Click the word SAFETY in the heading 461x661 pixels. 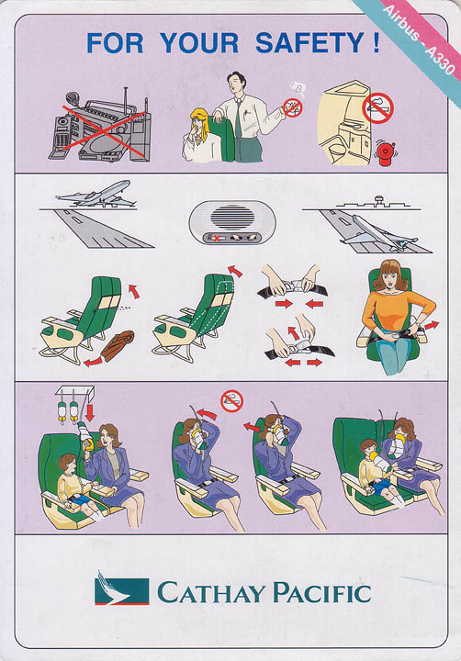pos(309,43)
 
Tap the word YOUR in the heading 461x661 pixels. pos(199,43)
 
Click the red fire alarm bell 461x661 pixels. pos(385,153)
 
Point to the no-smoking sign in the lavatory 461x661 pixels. pos(377,108)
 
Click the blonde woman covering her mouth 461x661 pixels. pos(201,135)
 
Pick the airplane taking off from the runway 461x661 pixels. pos(96,195)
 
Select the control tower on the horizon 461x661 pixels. pos(378,200)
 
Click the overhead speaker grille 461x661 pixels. pos(232,218)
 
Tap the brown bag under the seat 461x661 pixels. pos(118,345)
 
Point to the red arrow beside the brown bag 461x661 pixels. pos(94,362)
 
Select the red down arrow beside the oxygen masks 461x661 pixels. pos(89,413)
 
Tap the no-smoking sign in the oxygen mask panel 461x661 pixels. pos(232,401)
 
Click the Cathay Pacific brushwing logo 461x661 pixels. pos(122,588)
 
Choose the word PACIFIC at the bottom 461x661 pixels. pos(322,592)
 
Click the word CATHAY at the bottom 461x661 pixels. pos(209,592)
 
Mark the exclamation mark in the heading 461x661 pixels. pos(377,43)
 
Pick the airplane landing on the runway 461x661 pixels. pos(377,234)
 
